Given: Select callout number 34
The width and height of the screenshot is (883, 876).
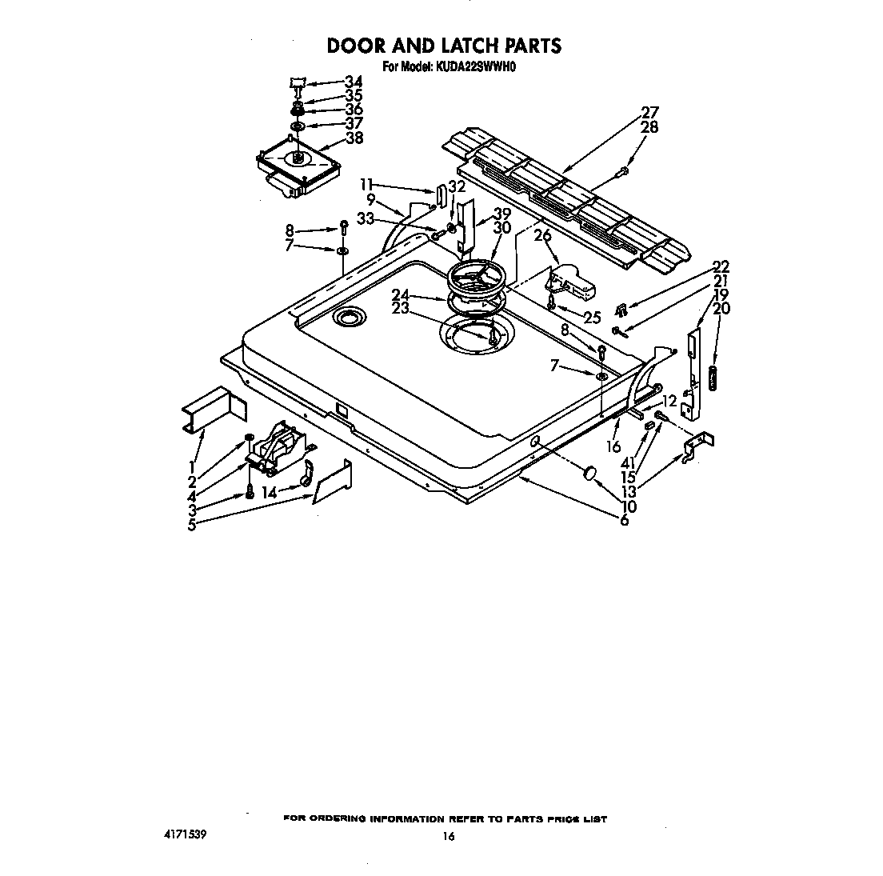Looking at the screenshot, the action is (x=354, y=82).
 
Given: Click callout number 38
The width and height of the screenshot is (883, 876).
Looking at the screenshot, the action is (x=354, y=138).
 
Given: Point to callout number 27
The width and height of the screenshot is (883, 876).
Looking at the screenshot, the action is (x=649, y=113).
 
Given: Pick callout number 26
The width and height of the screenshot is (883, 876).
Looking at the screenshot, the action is (x=543, y=235).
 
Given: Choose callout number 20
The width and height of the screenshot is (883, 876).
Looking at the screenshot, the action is (x=721, y=308).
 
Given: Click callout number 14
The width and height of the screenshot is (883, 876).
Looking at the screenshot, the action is (x=270, y=492).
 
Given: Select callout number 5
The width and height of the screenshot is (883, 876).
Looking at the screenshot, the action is (x=192, y=525).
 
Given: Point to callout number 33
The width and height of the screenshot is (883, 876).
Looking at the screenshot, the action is (x=366, y=218).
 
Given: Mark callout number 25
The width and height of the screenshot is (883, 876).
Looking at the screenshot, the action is (x=593, y=318).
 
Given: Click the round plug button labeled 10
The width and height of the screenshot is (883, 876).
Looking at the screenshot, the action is (x=589, y=471).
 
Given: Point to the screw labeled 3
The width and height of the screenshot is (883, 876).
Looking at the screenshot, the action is (x=250, y=492).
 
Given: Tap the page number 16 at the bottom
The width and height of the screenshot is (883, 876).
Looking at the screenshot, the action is (x=448, y=837).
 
